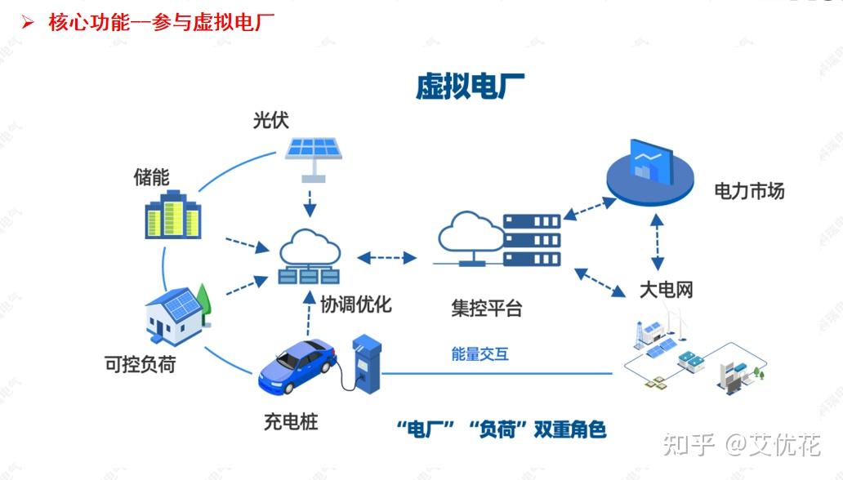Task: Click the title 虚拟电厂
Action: (x=470, y=86)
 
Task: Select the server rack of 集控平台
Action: (x=531, y=241)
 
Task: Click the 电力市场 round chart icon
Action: (x=650, y=172)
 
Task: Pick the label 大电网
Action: (x=665, y=290)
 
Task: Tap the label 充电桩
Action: (x=290, y=422)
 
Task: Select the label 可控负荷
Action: (x=140, y=364)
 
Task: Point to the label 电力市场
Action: (x=748, y=191)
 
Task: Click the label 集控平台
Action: (x=486, y=309)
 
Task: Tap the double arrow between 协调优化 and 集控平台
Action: (x=387, y=258)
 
